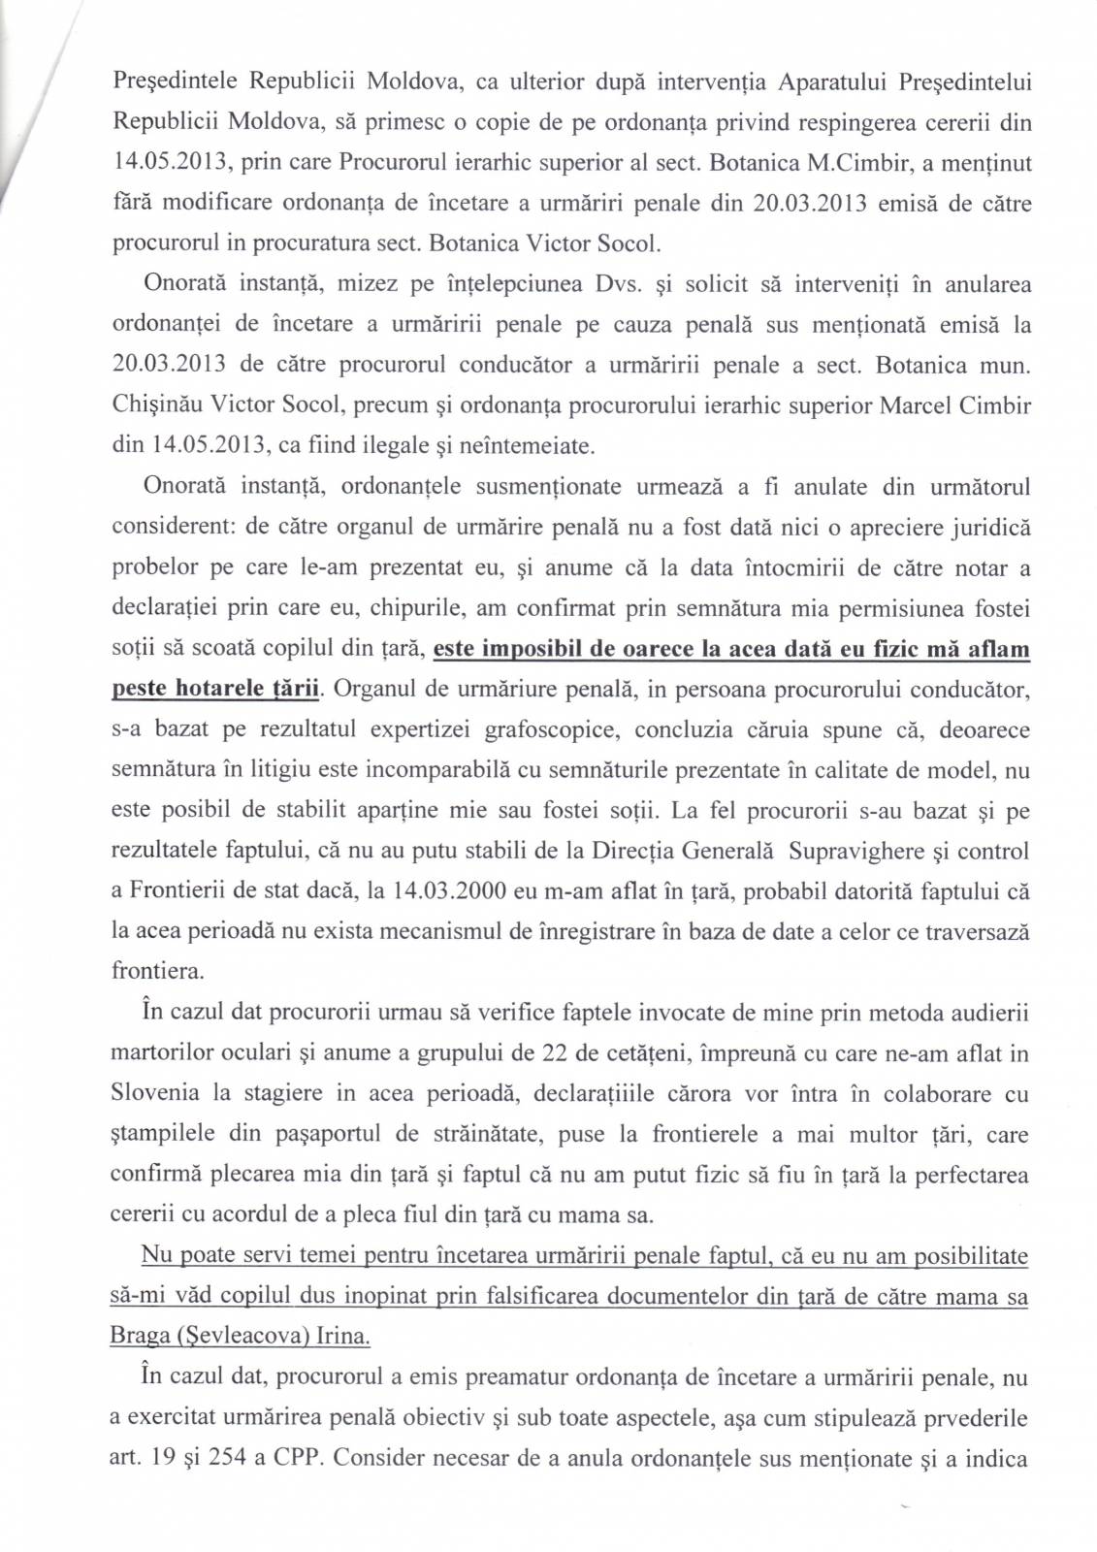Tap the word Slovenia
[x=154, y=1094]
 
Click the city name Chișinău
[x=155, y=405]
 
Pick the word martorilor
[x=159, y=1053]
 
